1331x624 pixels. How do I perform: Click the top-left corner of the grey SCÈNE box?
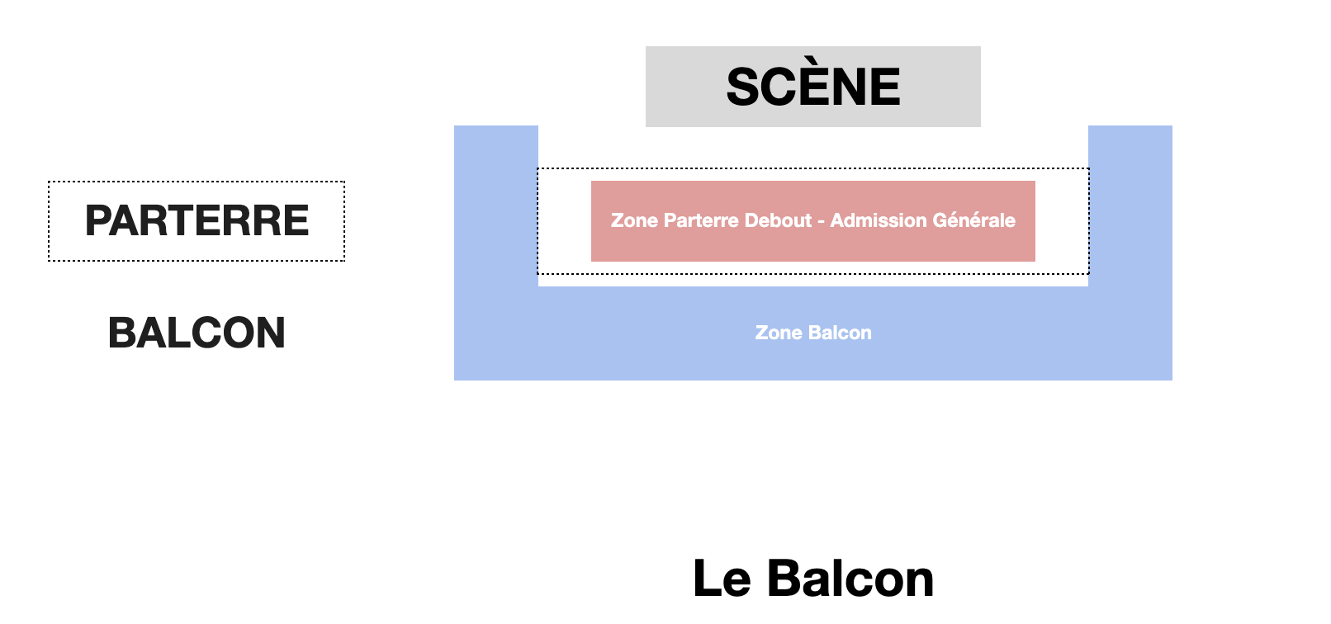[x=646, y=46]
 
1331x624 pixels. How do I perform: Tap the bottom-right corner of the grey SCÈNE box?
[x=981, y=127]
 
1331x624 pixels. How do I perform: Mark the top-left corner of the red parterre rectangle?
[x=591, y=181]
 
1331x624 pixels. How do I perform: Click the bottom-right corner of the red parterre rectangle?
[x=1035, y=262]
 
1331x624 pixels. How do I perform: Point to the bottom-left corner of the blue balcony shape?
[x=455, y=381]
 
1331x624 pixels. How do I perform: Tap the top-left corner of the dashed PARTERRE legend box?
[x=48, y=181]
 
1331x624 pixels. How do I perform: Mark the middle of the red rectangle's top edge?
[x=813, y=181]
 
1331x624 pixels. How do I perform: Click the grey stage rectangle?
[x=813, y=87]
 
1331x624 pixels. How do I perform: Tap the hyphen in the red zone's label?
[x=821, y=221]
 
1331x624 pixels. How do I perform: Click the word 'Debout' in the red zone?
[x=778, y=220]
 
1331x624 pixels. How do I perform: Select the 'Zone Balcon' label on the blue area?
[x=813, y=333]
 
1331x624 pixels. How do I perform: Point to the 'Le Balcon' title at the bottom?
[x=813, y=579]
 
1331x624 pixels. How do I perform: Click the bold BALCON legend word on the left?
[x=197, y=333]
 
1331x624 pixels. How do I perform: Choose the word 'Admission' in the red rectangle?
[x=879, y=220]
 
